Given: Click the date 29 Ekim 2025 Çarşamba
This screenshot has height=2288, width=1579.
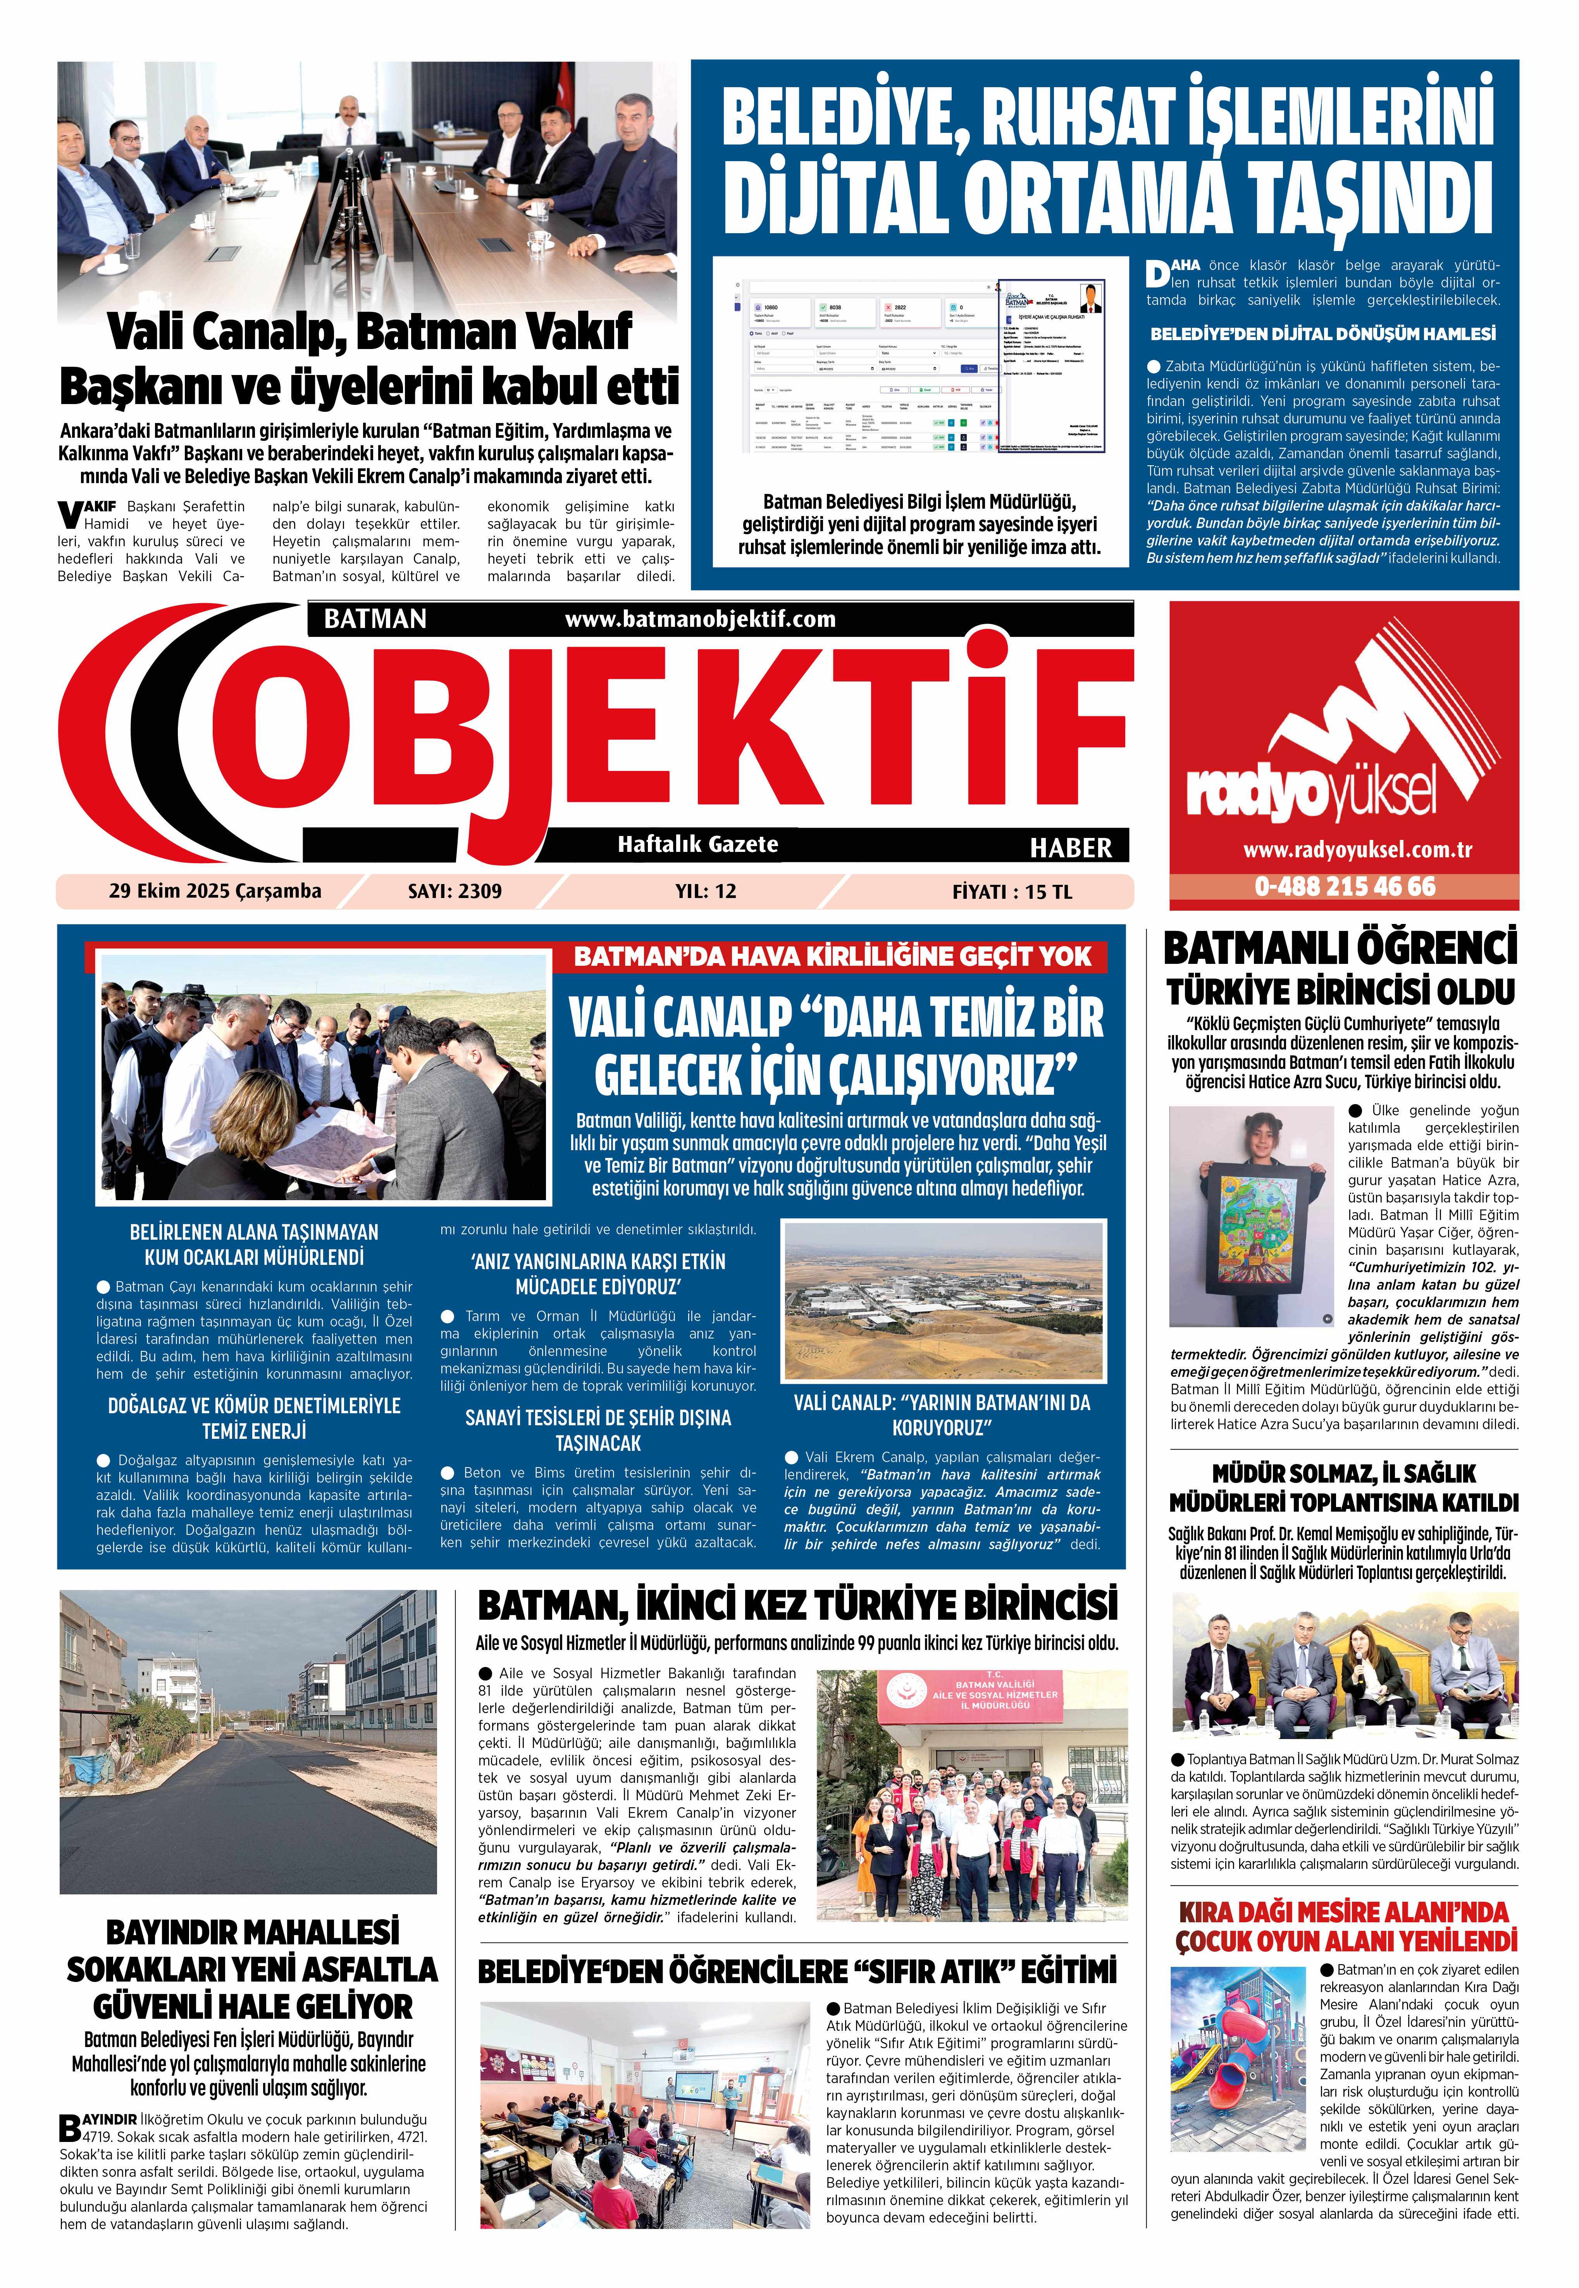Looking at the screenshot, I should point(215,891).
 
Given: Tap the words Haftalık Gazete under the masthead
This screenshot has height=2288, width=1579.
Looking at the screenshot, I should point(697,844).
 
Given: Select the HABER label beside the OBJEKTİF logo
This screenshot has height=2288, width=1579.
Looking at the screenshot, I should point(1071,848).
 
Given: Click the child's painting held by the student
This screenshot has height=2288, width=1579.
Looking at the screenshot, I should point(1252,1228).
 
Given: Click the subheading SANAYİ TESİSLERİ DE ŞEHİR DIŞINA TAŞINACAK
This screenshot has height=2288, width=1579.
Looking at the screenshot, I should point(598,1430).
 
